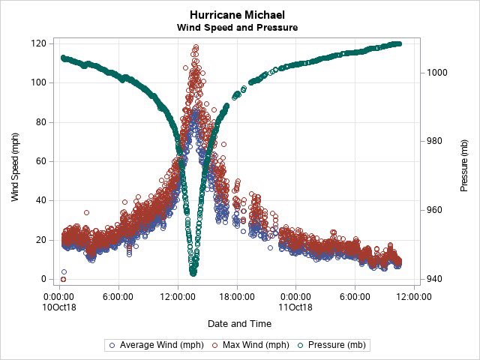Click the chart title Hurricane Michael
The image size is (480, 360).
237,15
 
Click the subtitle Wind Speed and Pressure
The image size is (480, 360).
237,28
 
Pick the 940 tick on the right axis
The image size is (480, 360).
435,279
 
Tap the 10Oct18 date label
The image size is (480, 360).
61,306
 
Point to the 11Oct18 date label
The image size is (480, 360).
295,306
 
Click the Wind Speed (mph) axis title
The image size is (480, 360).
15,161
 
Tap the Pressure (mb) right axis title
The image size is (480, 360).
464,161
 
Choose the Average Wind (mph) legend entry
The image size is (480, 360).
154,345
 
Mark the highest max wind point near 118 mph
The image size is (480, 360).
196,47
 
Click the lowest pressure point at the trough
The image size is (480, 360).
193,273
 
